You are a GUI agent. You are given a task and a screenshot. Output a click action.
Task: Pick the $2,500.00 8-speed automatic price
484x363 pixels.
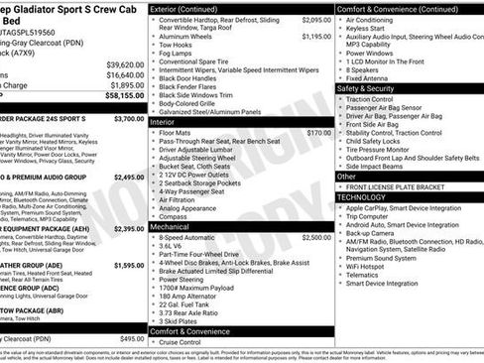point(316,238)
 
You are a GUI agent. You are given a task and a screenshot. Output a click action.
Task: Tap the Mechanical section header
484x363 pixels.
point(171,227)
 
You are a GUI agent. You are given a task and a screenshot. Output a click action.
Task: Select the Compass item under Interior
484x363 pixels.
point(175,217)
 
